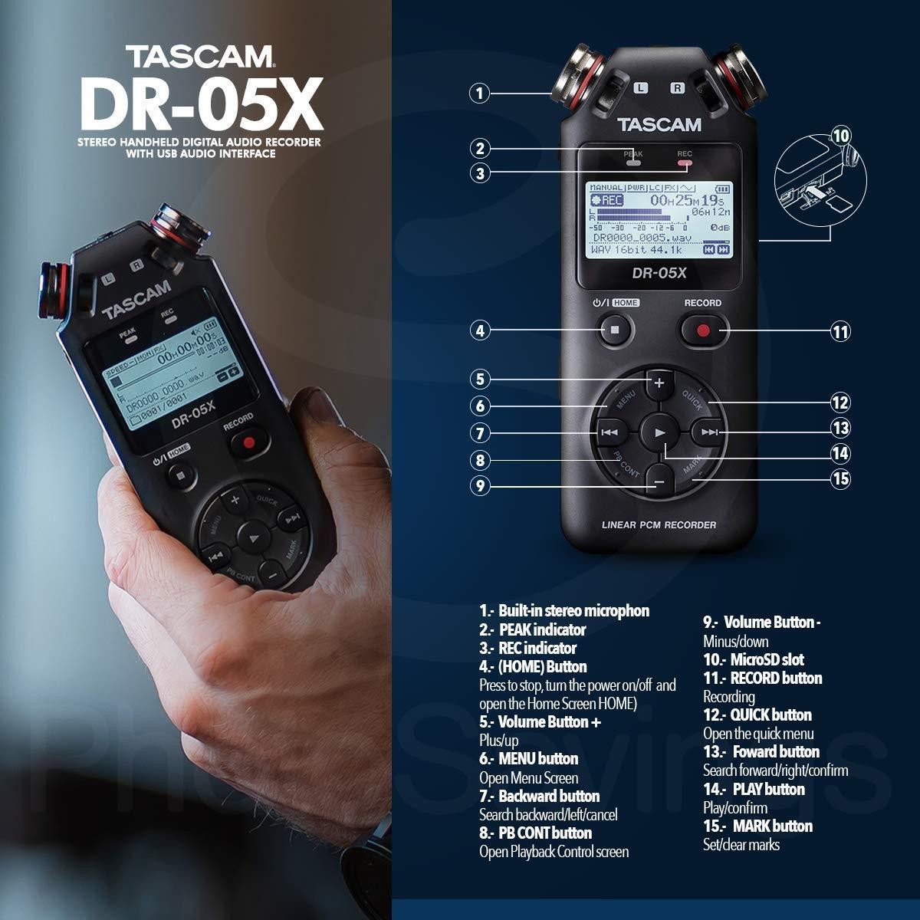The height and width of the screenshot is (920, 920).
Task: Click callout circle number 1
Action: tap(479, 94)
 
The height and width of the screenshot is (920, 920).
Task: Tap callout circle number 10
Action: tap(841, 136)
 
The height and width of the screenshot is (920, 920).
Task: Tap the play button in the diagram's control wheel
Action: tap(659, 432)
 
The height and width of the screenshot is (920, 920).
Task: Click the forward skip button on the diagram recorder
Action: tap(710, 432)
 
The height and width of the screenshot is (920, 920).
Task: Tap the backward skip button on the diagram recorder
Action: tap(609, 432)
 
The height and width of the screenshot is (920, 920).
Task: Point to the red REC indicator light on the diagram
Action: tap(684, 163)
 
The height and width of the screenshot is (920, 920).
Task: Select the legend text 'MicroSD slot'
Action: tap(766, 659)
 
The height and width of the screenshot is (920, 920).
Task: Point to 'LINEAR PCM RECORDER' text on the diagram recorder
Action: tap(659, 525)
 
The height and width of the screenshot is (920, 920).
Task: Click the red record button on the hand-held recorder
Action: tap(247, 442)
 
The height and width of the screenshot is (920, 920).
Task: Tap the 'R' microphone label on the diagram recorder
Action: tap(677, 88)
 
